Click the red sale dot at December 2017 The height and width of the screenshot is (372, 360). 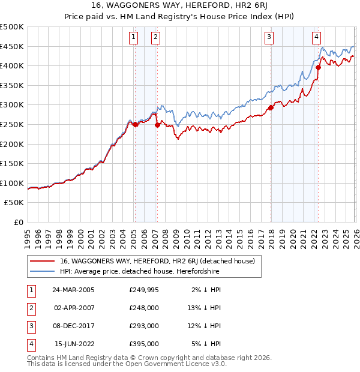click(x=271, y=107)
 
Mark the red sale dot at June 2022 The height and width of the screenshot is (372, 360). click(x=318, y=67)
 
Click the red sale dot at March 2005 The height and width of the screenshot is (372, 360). click(x=135, y=124)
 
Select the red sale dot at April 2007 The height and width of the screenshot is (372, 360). click(x=157, y=125)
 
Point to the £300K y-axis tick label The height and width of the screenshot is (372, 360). click(x=12, y=105)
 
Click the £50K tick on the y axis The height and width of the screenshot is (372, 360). click(x=14, y=203)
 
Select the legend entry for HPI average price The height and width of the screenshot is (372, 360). click(x=140, y=271)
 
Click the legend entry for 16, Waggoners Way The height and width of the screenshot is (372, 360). click(x=157, y=261)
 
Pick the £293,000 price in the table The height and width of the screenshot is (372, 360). click(x=144, y=326)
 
